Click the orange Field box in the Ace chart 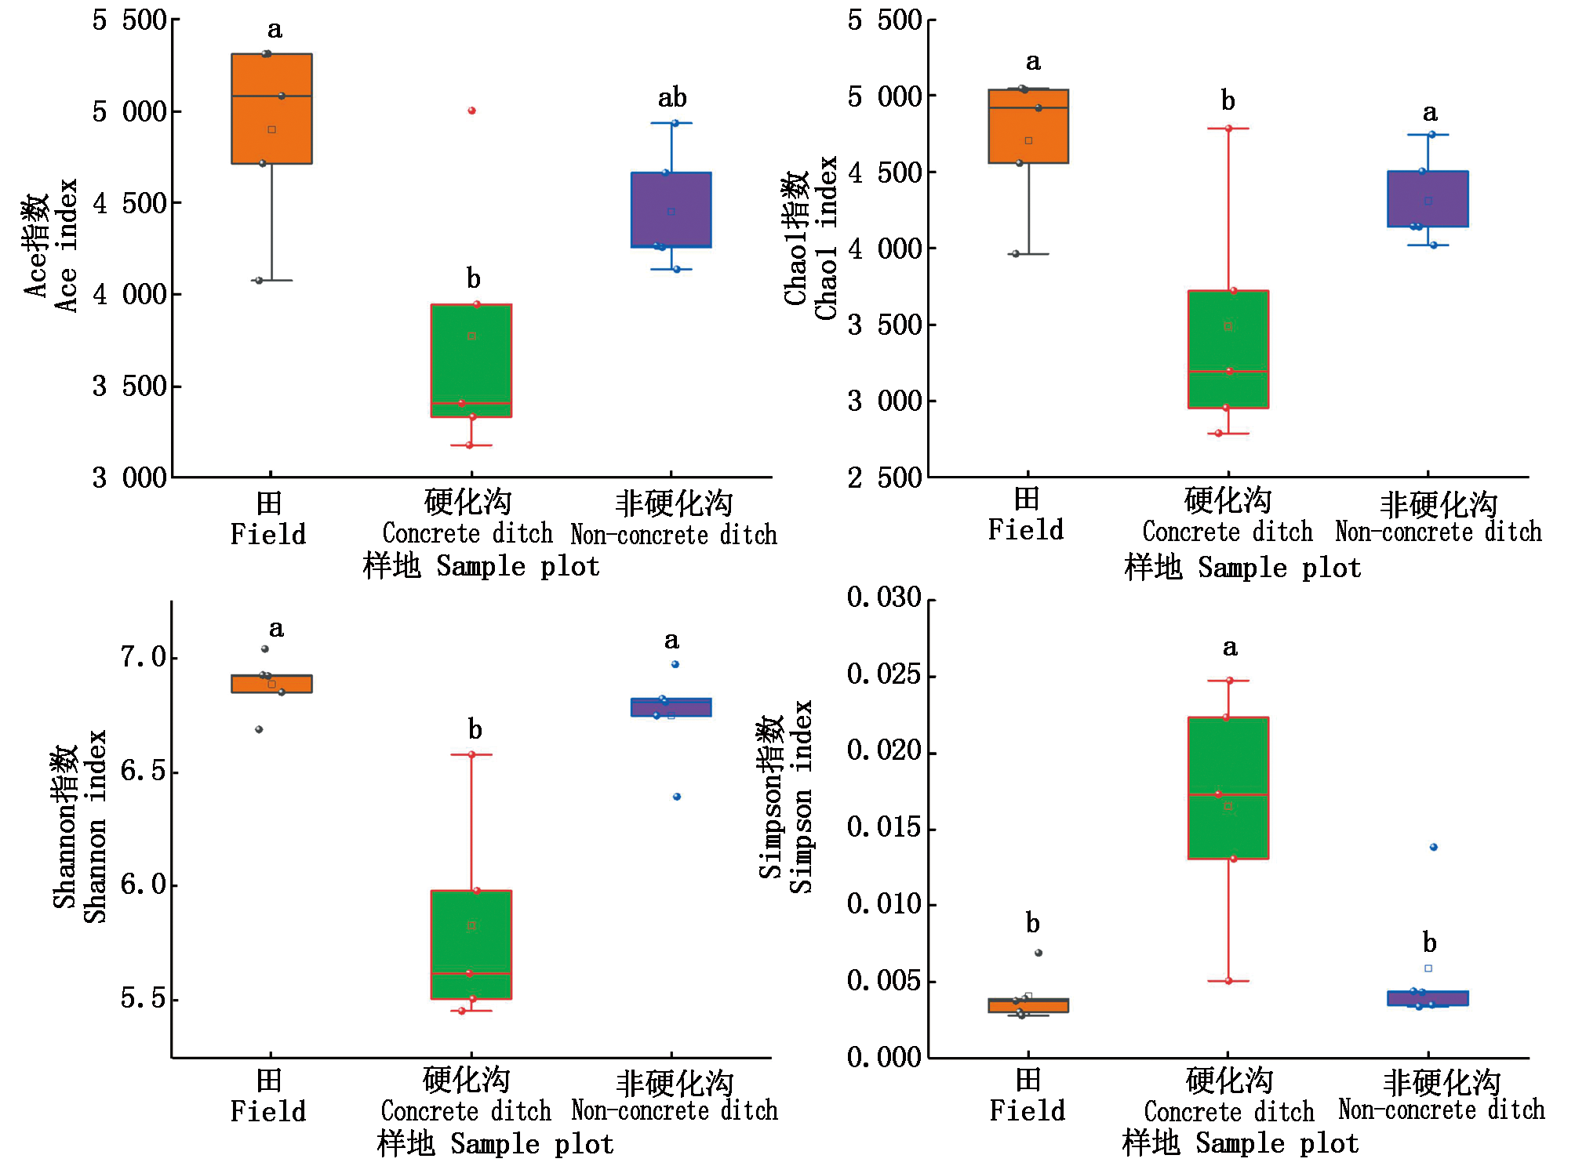click(x=271, y=109)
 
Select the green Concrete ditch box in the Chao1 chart click(x=1228, y=349)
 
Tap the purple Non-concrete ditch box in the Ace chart click(x=671, y=209)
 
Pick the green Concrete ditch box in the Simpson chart click(x=1228, y=787)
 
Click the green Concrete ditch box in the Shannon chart click(x=471, y=944)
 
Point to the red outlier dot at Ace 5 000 click(x=471, y=111)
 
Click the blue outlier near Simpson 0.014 click(x=1433, y=847)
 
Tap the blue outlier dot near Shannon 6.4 click(x=677, y=797)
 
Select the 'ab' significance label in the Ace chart click(x=671, y=98)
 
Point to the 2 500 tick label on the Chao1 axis click(x=884, y=478)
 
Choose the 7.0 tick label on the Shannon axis click(x=144, y=657)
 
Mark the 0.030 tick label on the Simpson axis click(x=884, y=598)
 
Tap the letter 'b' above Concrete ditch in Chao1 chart click(x=1228, y=101)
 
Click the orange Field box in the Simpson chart click(x=1028, y=1005)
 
